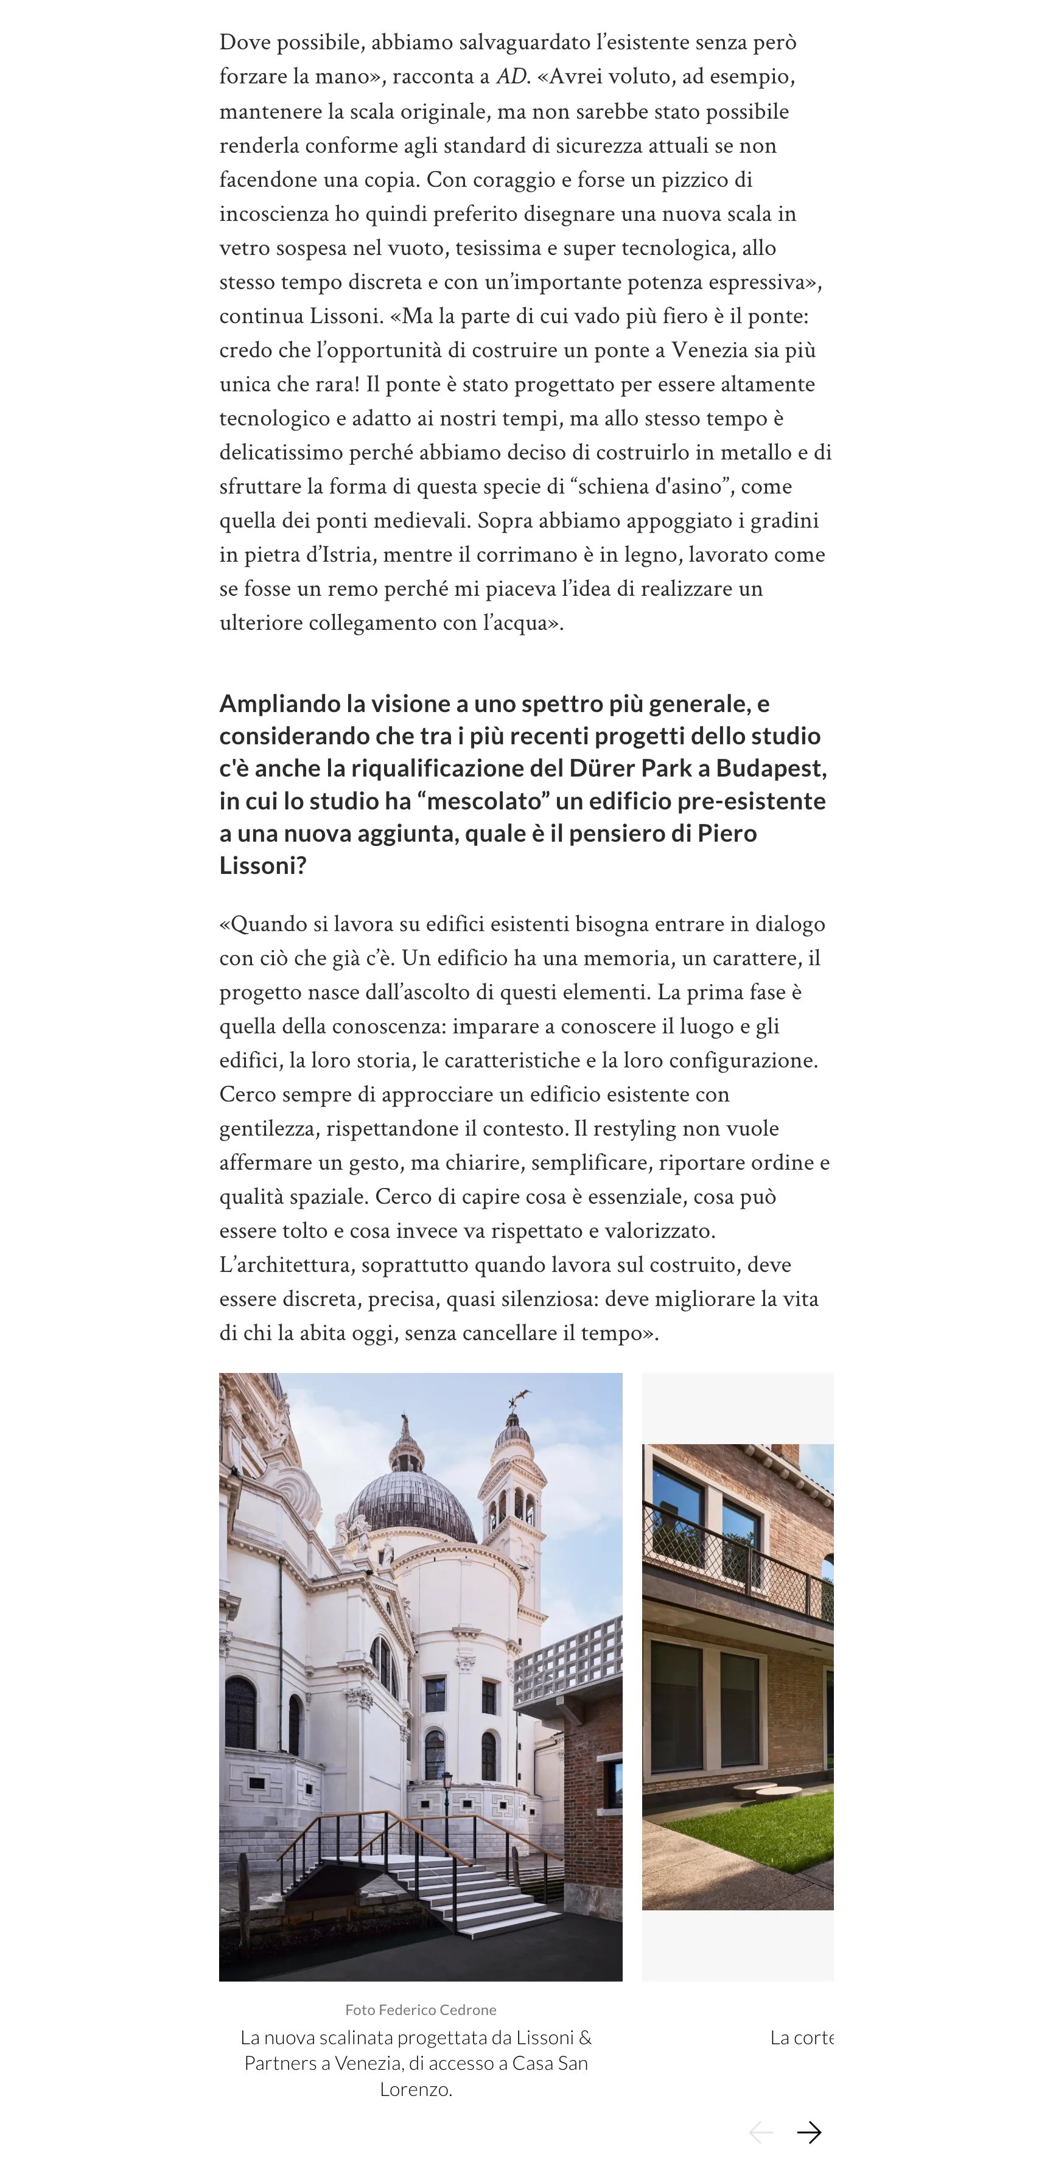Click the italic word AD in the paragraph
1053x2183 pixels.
point(511,76)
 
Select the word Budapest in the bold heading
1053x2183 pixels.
point(769,768)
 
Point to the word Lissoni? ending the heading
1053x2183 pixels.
point(263,865)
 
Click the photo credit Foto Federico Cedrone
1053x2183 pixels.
point(421,2010)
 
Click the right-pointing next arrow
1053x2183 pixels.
point(809,2132)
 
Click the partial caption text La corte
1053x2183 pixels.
point(801,2037)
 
